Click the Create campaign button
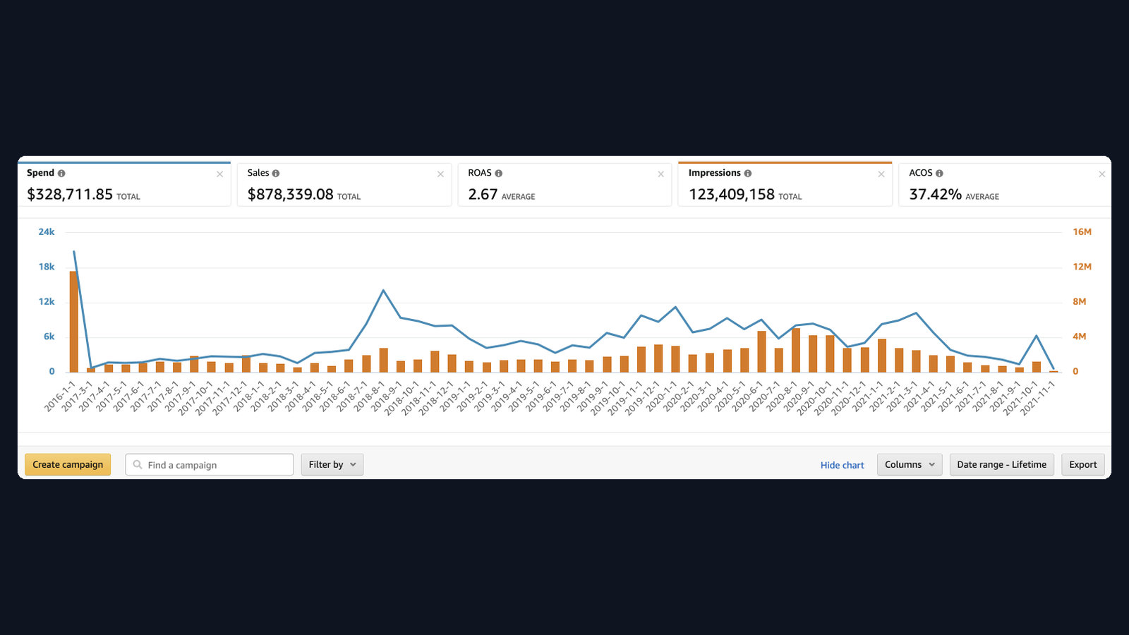(x=68, y=464)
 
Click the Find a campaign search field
(x=209, y=464)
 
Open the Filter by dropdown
(x=332, y=464)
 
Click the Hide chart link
(x=842, y=465)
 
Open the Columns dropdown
(x=910, y=464)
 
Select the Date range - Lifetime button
(x=1001, y=464)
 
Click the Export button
(x=1082, y=464)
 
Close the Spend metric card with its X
(x=219, y=174)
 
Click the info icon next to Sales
(x=276, y=174)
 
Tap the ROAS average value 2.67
(x=483, y=194)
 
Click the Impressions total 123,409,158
(x=731, y=194)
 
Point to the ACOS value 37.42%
(x=935, y=194)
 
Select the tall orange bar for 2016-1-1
(x=74, y=322)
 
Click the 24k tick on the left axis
(x=47, y=232)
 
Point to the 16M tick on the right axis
(x=1082, y=232)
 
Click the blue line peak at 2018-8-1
(x=383, y=290)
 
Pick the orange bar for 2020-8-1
(x=796, y=350)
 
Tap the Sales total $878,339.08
(x=290, y=194)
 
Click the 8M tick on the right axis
(x=1079, y=301)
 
